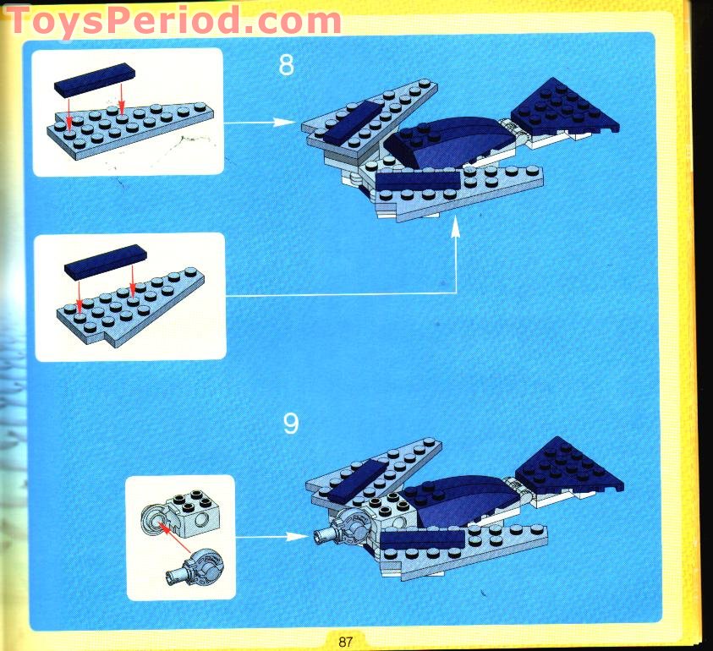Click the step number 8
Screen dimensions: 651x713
coord(287,65)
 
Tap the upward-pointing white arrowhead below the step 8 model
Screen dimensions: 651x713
coord(455,225)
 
